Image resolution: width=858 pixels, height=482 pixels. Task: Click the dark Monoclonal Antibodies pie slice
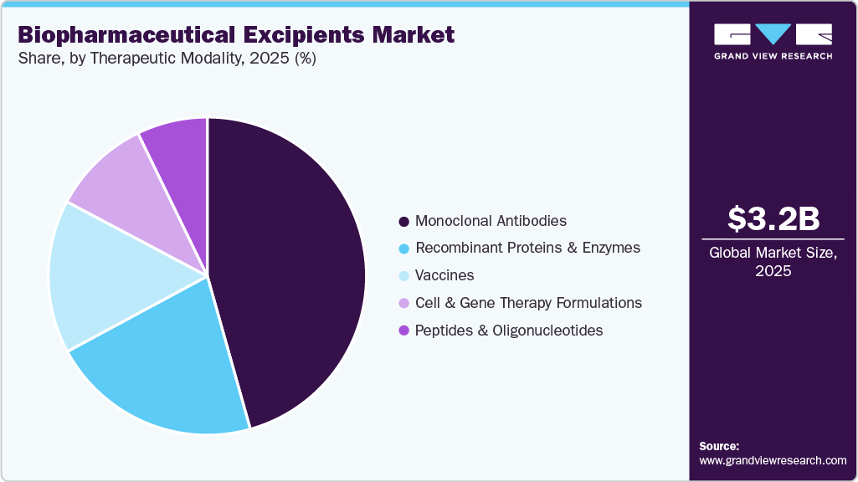[x=293, y=268]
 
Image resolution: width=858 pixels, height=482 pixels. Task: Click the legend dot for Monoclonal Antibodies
[x=404, y=222]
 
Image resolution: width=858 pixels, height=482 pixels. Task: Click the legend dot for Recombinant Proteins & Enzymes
[x=404, y=249]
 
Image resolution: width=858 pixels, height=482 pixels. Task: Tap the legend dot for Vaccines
[x=404, y=276]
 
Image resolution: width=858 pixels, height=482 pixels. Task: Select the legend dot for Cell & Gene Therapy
[x=404, y=303]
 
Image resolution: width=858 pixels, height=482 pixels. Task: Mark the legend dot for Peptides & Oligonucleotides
[x=404, y=331]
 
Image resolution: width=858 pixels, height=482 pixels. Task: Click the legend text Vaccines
[x=444, y=275]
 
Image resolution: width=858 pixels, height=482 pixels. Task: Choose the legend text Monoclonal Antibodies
[x=491, y=221]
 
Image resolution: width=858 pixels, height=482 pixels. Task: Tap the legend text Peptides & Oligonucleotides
[x=509, y=331]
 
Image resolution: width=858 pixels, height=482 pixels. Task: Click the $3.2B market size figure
[x=773, y=218]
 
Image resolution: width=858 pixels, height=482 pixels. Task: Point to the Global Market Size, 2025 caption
[x=773, y=262]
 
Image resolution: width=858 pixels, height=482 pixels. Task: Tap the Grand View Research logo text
[x=773, y=56]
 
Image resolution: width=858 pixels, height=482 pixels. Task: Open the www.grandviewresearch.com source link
[x=773, y=460]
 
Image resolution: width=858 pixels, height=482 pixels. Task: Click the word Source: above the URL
[x=719, y=446]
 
